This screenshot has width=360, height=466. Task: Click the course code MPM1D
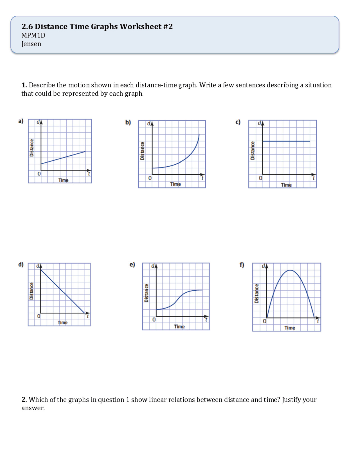(33, 35)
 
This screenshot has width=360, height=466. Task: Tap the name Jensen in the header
(31, 44)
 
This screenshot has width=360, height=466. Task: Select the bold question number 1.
(24, 85)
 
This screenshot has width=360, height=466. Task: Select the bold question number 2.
(24, 400)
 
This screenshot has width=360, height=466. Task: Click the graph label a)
(21, 121)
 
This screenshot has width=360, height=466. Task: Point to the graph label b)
(128, 122)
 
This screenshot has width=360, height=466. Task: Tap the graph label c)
(238, 122)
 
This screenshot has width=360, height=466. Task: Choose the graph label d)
(21, 265)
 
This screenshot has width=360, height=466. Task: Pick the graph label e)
(132, 265)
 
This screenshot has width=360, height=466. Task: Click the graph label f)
(242, 265)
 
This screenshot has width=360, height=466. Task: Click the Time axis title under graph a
(63, 180)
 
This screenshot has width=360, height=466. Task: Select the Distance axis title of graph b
(142, 151)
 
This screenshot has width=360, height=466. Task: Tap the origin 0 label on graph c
(260, 178)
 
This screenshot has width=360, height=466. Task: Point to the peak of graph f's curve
(290, 270)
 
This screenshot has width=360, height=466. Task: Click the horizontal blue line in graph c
(286, 141)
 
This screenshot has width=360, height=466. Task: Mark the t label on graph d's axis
(87, 316)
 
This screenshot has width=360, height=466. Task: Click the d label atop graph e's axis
(153, 266)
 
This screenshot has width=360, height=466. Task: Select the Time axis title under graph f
(290, 328)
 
